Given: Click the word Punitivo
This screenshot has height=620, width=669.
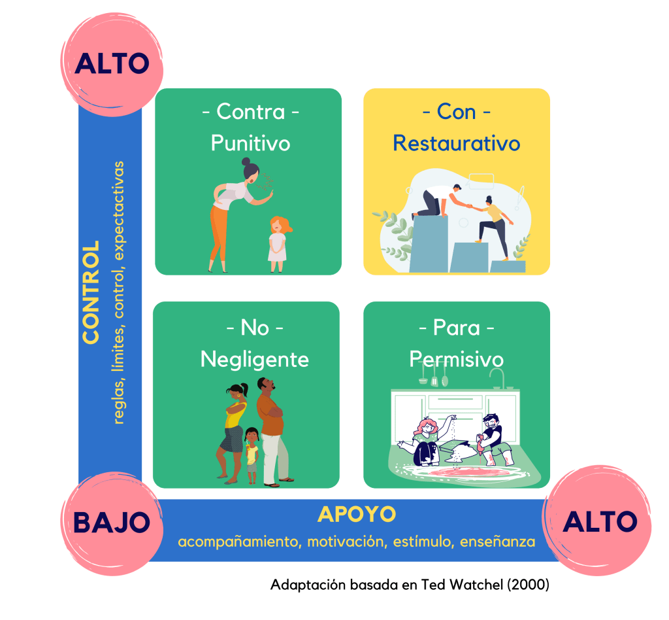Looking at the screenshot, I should (250, 143).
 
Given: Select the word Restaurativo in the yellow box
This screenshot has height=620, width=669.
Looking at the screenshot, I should (456, 143).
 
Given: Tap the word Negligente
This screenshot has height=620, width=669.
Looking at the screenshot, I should (254, 359).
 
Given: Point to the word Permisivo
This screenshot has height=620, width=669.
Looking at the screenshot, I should (456, 359).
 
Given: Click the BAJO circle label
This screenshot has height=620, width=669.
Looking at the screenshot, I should (111, 522).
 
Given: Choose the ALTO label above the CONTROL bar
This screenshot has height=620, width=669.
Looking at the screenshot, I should (112, 63).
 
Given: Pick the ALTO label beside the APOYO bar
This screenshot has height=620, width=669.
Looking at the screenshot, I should (600, 522).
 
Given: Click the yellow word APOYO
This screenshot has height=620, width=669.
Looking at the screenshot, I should (357, 515).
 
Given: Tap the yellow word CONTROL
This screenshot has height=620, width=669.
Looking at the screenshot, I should (91, 292).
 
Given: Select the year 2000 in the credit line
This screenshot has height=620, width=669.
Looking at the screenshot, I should (528, 585).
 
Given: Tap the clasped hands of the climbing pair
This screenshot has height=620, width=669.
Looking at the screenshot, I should (468, 207).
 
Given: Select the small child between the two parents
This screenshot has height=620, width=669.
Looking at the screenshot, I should (252, 455).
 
